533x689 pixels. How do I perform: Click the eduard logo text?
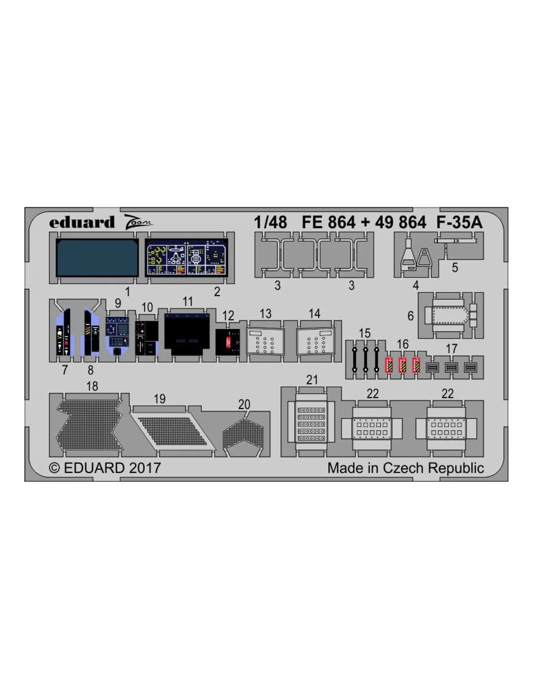click(82, 222)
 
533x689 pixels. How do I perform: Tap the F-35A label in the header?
click(459, 222)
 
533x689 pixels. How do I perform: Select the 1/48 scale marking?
click(270, 222)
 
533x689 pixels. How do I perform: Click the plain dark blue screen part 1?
click(97, 257)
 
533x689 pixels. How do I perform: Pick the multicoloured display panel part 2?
click(187, 257)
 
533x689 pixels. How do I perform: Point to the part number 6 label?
click(410, 315)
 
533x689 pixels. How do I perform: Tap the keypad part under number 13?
click(266, 341)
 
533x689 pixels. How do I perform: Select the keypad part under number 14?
click(316, 341)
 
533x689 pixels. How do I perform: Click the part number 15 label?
click(365, 333)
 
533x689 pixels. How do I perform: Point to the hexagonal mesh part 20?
click(244, 435)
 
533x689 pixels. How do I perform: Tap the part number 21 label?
click(313, 380)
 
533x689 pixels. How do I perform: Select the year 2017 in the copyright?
click(144, 468)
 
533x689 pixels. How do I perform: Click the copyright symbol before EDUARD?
click(55, 469)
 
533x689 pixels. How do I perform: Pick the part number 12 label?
click(228, 316)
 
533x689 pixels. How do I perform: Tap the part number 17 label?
click(452, 349)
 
